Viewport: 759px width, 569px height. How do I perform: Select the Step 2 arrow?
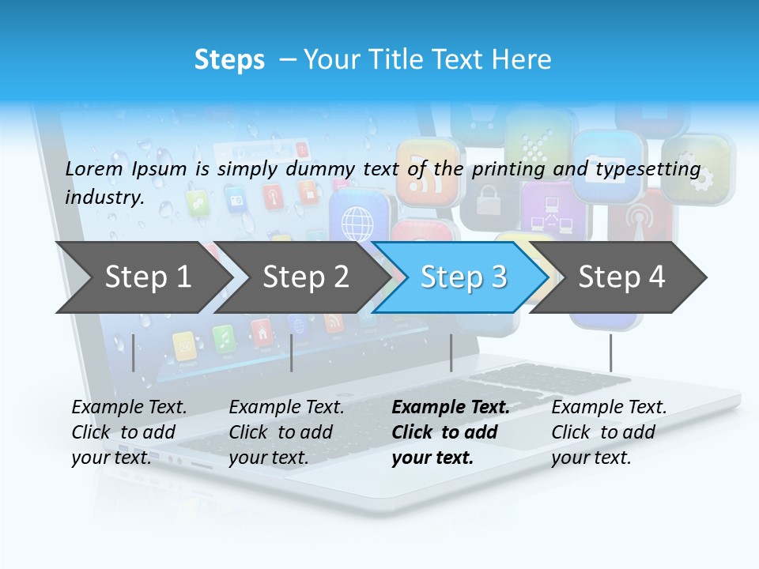(305, 277)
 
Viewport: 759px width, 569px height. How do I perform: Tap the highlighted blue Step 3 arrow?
(463, 277)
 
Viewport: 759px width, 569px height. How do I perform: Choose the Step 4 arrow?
(621, 277)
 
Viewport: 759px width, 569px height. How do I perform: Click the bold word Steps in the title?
(229, 59)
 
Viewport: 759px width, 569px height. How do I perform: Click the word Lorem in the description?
(93, 168)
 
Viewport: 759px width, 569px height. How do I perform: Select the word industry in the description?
(104, 197)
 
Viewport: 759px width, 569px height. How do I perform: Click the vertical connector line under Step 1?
(134, 352)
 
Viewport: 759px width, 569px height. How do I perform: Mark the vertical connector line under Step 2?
(292, 352)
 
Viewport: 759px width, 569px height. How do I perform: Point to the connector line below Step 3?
(451, 352)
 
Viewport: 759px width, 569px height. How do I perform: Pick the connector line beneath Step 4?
(610, 352)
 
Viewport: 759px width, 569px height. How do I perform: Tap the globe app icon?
(357, 224)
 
